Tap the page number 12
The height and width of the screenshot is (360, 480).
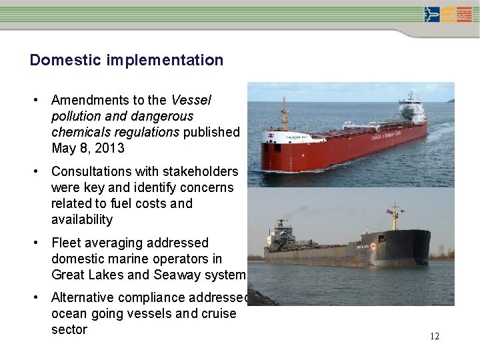point(434,336)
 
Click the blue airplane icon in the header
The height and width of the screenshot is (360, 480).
point(432,15)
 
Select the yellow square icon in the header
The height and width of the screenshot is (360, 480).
point(448,15)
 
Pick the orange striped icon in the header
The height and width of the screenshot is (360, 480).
point(464,15)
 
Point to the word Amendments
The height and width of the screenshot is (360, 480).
point(91,100)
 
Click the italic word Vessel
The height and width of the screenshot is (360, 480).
point(191,100)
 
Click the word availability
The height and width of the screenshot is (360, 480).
point(82,219)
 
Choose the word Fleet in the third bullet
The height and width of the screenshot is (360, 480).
point(66,243)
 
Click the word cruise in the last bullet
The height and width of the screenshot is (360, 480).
point(219,313)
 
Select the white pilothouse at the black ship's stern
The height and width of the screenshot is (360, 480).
point(280,234)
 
